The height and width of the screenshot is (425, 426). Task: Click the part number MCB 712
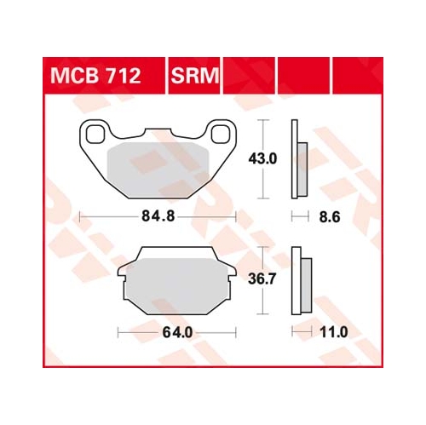95,76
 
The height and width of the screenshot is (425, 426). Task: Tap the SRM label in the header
195,76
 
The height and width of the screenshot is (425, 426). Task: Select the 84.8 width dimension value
158,216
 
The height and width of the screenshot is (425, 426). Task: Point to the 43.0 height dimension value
262,158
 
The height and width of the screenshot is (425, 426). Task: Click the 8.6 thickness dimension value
330,217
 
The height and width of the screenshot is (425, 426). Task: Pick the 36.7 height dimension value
262,279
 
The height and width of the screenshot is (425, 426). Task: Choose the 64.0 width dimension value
177,332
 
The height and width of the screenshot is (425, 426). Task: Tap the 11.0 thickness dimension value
334,332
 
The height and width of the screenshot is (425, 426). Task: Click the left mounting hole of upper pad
95,134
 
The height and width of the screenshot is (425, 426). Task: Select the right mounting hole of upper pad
221,134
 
